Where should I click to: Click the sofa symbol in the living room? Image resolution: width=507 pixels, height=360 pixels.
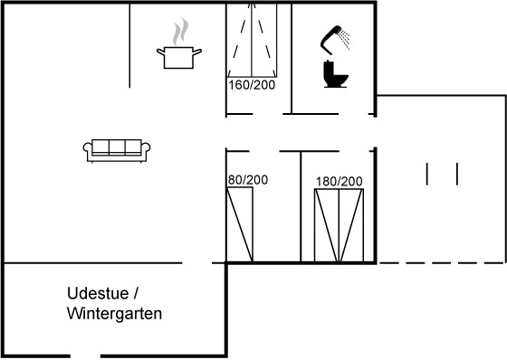117,150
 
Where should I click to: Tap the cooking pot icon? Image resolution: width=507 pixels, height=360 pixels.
179,57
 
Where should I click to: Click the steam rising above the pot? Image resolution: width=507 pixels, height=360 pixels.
180,32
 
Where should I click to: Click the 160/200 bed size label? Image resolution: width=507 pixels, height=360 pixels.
252,85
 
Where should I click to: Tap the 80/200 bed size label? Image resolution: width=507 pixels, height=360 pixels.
248,180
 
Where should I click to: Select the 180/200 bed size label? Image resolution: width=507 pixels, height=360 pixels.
339,182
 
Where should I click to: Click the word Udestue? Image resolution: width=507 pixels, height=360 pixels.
98,293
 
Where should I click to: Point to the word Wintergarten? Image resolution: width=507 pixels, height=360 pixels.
114,314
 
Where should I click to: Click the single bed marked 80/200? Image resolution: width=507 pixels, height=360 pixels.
240,224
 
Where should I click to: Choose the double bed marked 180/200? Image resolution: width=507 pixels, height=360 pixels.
339,225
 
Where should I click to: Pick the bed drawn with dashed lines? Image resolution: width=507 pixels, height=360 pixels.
252,40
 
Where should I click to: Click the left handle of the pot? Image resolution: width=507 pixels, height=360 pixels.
161,52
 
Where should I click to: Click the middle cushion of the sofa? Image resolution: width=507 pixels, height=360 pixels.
117,147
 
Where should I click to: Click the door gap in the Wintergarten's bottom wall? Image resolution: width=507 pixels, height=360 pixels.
85,356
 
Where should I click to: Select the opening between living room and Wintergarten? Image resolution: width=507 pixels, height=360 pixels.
197,263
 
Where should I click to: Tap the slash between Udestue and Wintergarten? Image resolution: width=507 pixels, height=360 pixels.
136,294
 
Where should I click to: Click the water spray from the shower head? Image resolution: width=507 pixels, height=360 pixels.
346,40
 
